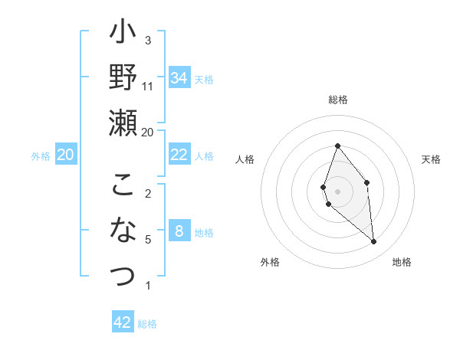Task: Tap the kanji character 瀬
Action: click(x=123, y=123)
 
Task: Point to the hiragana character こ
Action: click(x=123, y=185)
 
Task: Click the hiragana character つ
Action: click(x=123, y=275)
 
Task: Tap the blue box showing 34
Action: click(x=179, y=78)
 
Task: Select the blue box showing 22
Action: click(x=179, y=155)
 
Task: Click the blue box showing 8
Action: click(x=179, y=231)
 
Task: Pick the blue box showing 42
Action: click(x=123, y=322)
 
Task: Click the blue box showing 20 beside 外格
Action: click(x=65, y=155)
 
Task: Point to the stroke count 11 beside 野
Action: click(x=148, y=86)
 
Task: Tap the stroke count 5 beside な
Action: click(x=148, y=240)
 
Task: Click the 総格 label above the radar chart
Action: click(x=337, y=100)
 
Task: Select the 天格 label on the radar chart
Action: click(x=431, y=159)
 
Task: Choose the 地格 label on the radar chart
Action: click(x=402, y=262)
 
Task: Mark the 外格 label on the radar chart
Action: click(x=270, y=262)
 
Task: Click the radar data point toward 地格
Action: click(x=373, y=242)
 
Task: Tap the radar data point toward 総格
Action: click(x=337, y=146)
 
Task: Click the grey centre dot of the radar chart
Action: click(x=337, y=191)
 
